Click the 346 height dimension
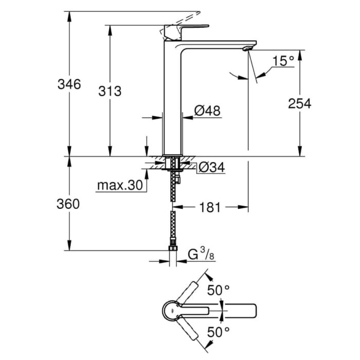tap(69, 84)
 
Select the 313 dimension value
tap(110, 92)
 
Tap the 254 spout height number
tap(299, 103)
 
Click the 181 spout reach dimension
tap(210, 207)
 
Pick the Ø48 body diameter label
tap(208, 110)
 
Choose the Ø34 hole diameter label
tap(211, 167)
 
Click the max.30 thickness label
tap(119, 186)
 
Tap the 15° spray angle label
tap(283, 61)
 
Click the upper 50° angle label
tap(218, 290)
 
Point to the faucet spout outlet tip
tap(246, 49)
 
